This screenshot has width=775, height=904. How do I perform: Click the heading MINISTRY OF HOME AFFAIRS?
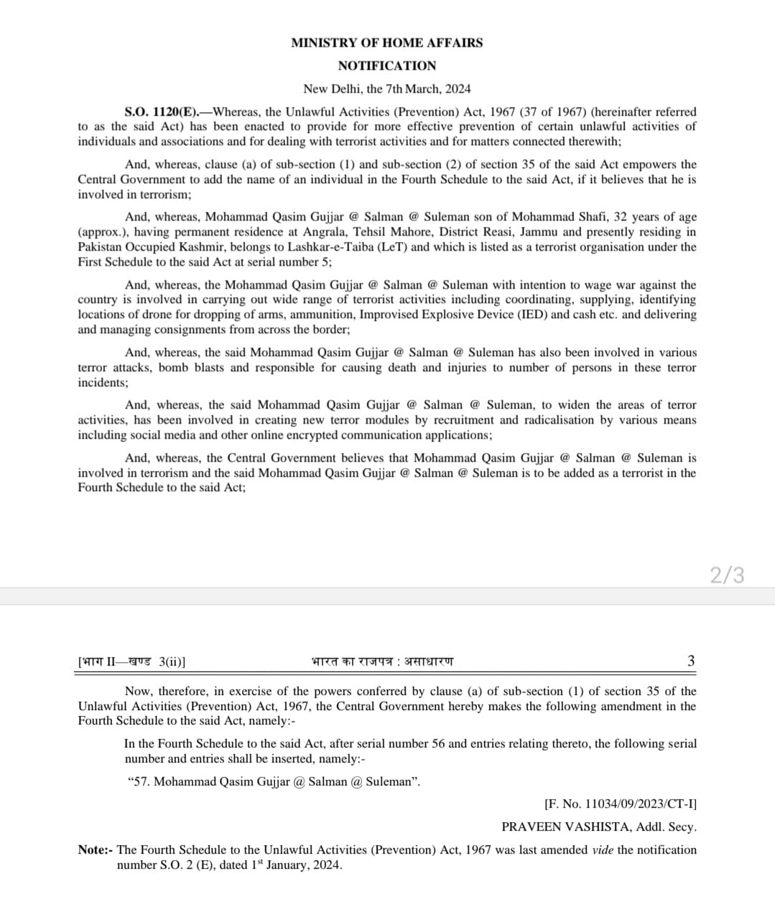tap(386, 42)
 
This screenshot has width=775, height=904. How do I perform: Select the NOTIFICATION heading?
tap(386, 65)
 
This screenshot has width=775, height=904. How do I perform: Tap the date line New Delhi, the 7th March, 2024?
tap(386, 89)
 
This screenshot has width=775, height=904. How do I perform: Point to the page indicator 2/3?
tap(727, 574)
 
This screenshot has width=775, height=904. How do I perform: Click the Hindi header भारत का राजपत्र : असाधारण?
tap(382, 661)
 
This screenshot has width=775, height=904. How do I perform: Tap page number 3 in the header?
tap(691, 661)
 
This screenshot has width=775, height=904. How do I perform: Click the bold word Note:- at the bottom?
tap(96, 850)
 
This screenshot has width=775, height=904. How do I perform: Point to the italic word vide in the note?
tap(603, 850)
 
